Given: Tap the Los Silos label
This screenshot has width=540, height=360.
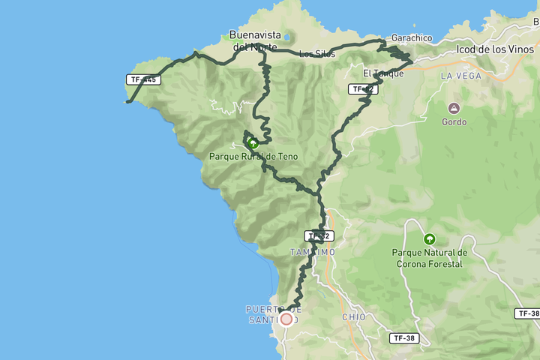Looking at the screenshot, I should pyautogui.click(x=316, y=54).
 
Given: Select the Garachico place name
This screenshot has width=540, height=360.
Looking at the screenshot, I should pyautogui.click(x=411, y=37).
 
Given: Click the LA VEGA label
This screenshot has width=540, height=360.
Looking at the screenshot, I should pyautogui.click(x=460, y=76).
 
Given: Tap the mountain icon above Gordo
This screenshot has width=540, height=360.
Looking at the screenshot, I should pyautogui.click(x=454, y=107).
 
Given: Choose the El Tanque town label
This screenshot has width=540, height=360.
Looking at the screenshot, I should pyautogui.click(x=383, y=73).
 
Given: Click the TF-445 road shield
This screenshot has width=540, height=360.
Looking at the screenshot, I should pyautogui.click(x=144, y=79).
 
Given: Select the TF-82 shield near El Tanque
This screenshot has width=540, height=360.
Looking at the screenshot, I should pyautogui.click(x=362, y=89).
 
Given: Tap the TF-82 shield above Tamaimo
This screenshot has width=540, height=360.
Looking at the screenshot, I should pyautogui.click(x=319, y=235).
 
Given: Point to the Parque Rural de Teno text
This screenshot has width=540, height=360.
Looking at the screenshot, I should pyautogui.click(x=253, y=157).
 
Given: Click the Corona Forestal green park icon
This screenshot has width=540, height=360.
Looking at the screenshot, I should pyautogui.click(x=429, y=239).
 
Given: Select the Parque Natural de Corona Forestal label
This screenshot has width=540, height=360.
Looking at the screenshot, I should pyautogui.click(x=429, y=258).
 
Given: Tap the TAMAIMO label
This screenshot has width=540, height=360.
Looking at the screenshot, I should pyautogui.click(x=313, y=253).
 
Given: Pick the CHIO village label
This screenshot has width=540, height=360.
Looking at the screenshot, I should pyautogui.click(x=353, y=317).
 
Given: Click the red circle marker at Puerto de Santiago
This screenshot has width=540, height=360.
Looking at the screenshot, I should pyautogui.click(x=286, y=319).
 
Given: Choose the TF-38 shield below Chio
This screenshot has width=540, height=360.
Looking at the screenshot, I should pyautogui.click(x=404, y=338).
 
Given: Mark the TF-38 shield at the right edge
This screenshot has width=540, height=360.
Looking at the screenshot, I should pyautogui.click(x=528, y=313).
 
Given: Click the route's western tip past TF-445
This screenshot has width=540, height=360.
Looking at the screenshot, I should pyautogui.click(x=128, y=101).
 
